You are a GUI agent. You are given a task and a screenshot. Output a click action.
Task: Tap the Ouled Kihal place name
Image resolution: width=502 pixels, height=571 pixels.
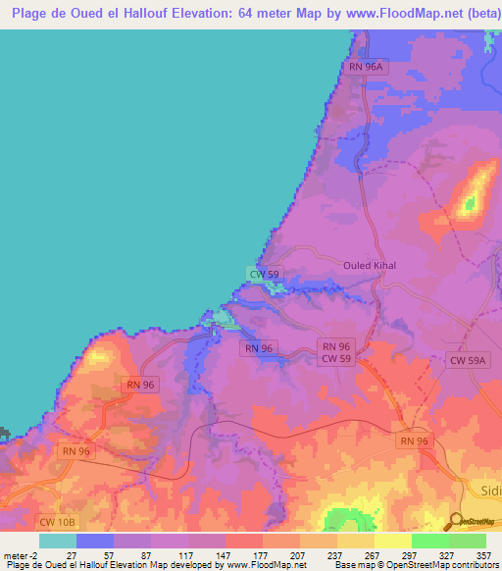point(368,265)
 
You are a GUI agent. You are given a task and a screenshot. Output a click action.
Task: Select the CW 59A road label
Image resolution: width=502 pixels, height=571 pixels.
point(469,361)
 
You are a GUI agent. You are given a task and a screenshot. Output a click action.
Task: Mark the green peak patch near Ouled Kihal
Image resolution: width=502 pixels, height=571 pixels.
point(471,204)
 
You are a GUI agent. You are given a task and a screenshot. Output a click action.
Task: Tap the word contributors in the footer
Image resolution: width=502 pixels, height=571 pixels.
point(476,565)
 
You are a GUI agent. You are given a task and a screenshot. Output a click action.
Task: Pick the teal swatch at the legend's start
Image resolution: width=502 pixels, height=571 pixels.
point(57,541)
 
